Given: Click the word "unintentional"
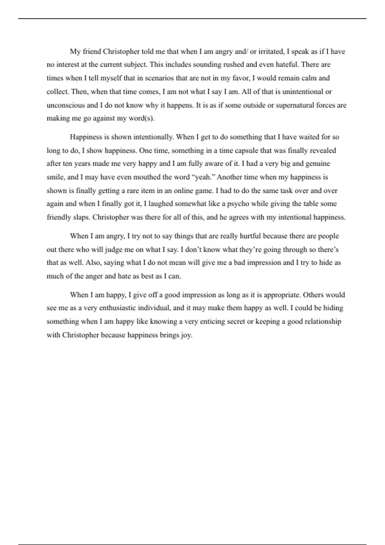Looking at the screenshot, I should tap(303, 92).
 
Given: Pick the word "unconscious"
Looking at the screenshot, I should tap(66, 105).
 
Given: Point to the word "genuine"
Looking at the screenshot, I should tap(317, 163).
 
